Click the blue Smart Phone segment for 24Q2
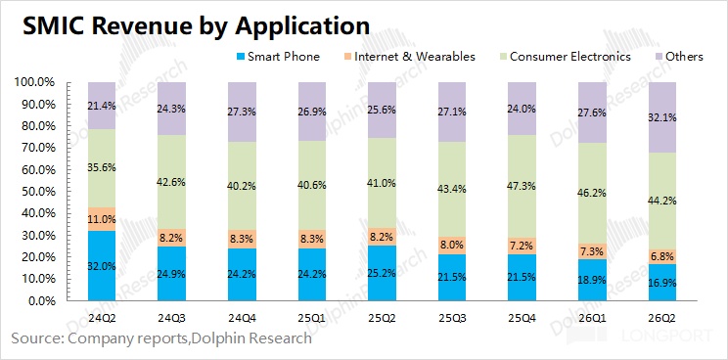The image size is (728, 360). (102, 266)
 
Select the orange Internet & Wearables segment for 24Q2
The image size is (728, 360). (102, 219)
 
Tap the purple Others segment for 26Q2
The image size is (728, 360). (662, 117)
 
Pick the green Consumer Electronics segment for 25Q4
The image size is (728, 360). (522, 187)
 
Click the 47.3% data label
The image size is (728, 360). (522, 186)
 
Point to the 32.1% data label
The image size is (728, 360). (662, 117)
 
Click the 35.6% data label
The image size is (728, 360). (102, 167)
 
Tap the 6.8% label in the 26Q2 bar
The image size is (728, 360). (662, 256)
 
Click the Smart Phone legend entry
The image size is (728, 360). (278, 57)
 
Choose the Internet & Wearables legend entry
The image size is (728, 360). (409, 57)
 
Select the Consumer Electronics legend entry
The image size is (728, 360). (565, 57)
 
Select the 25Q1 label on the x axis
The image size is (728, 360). (312, 319)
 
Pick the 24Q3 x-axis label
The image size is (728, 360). (171, 319)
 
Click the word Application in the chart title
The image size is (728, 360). (302, 26)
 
